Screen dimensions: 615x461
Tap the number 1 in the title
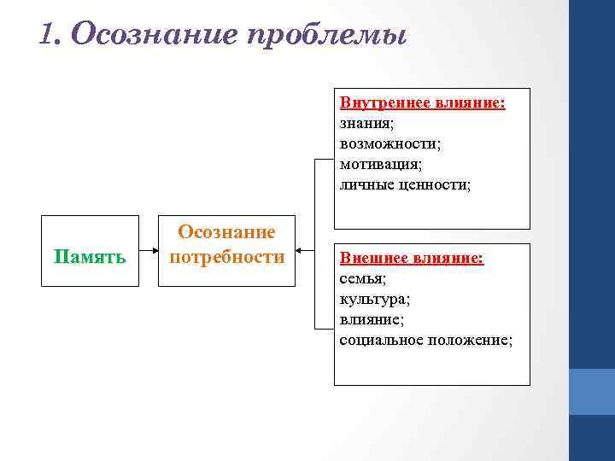point(48,33)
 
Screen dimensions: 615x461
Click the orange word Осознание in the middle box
point(226,233)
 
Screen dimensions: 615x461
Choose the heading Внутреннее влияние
point(422,103)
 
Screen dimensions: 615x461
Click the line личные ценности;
point(405,184)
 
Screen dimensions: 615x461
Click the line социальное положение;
point(426,340)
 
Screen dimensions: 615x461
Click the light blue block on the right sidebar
point(591,391)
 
